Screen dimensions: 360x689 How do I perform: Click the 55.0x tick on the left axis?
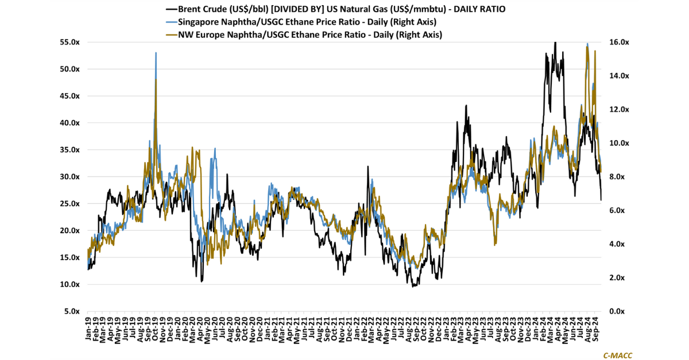pyautogui.click(x=69, y=42)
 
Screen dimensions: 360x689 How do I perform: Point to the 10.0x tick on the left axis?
pyautogui.click(x=69, y=285)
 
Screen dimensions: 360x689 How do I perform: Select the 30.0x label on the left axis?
pyautogui.click(x=69, y=177)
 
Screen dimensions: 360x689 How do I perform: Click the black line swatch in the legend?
pyautogui.click(x=171, y=9)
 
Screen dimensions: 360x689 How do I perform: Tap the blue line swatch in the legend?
pyautogui.click(x=171, y=22)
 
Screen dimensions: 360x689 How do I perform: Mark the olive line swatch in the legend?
pyautogui.click(x=171, y=34)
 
